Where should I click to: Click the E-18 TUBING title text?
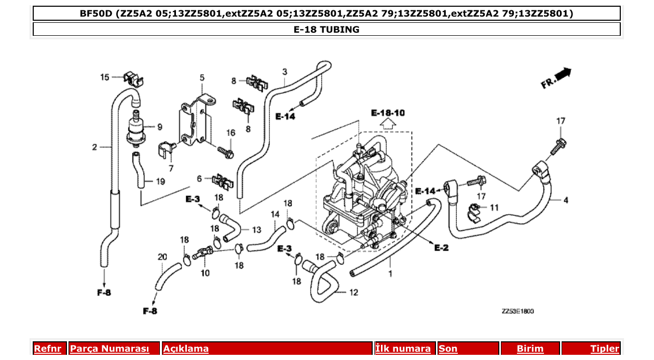(x=326, y=30)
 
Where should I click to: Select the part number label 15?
(x=105, y=77)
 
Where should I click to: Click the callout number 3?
(x=284, y=71)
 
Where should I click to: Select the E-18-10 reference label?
(x=388, y=113)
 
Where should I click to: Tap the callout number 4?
(x=565, y=200)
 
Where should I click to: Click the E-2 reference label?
(x=441, y=248)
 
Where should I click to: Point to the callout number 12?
(x=353, y=293)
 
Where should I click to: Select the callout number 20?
(x=162, y=257)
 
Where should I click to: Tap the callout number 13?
(x=256, y=230)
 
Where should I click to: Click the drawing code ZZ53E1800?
(x=517, y=311)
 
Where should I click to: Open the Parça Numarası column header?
(x=110, y=349)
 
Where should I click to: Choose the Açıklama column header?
(x=186, y=349)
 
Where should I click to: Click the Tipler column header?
(x=604, y=349)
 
